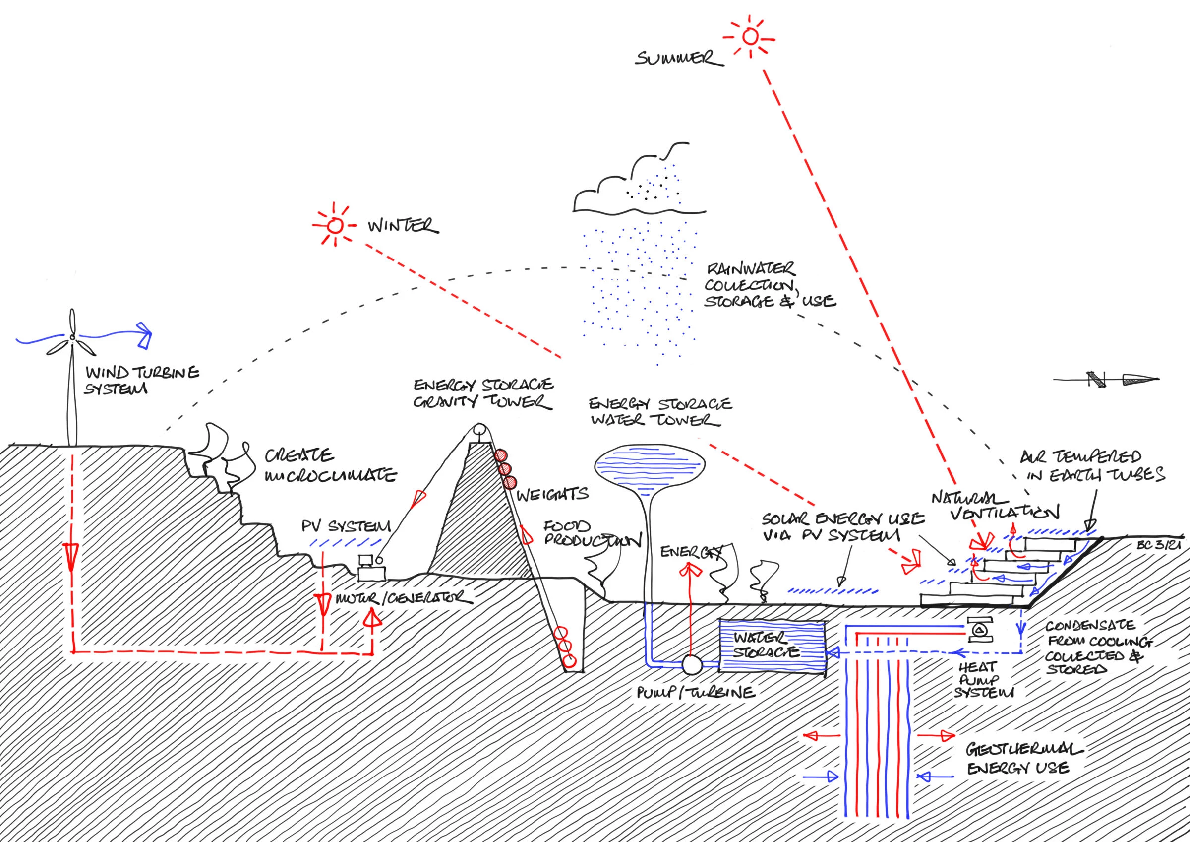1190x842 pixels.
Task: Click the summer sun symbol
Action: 749,37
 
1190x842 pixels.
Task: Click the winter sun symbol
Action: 335,226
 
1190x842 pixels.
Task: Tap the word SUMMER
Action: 679,58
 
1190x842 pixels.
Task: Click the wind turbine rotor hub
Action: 72,338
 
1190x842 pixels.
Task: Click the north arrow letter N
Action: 1095,379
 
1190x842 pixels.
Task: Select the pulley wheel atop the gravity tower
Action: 479,430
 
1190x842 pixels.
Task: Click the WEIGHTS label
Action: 552,494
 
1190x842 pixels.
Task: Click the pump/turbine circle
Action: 691,664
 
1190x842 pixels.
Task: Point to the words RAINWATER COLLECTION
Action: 751,277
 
